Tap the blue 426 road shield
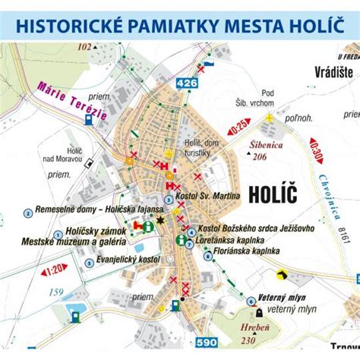[185, 83]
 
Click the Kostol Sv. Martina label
[207, 196]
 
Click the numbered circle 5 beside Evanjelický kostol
[90, 264]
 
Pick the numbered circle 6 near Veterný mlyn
[251, 301]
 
